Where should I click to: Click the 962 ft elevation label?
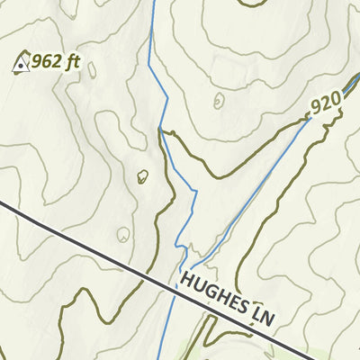pos(56,62)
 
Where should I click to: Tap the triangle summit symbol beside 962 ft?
pos(21,63)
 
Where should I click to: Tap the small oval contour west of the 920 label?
pos(219,101)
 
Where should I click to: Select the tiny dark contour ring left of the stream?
pos(142,176)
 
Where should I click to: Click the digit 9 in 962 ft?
pos(38,62)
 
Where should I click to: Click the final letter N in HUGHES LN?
pos(267,321)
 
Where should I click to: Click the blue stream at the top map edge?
pos(152,3)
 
